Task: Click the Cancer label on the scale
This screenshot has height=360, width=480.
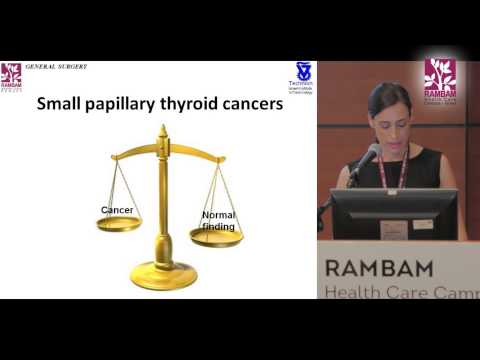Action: (x=118, y=209)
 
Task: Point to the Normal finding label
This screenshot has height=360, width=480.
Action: (x=218, y=220)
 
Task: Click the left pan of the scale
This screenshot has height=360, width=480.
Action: (x=119, y=224)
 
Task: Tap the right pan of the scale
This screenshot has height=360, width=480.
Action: (x=217, y=237)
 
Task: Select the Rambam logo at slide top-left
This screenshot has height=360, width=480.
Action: (x=12, y=76)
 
